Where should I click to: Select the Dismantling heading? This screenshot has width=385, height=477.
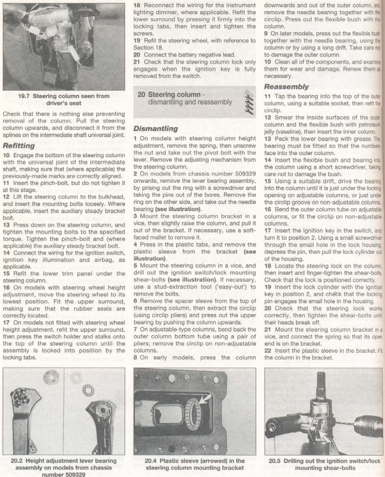[x=156, y=128]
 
